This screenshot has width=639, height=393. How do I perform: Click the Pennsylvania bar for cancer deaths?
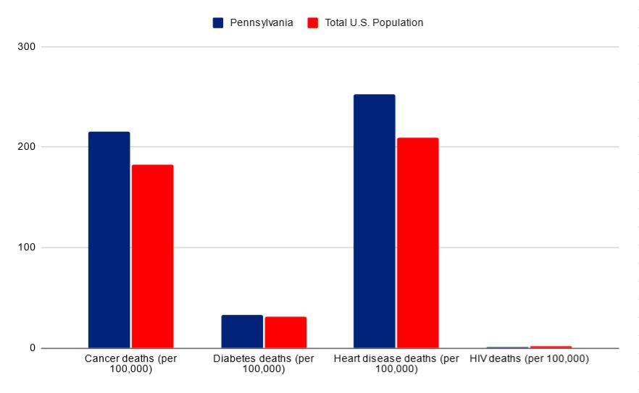coord(109,240)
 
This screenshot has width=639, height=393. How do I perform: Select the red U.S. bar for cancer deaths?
coord(152,256)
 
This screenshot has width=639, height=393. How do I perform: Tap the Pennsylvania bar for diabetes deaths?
coord(242,331)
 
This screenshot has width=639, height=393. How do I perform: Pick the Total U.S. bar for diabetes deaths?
coord(285,332)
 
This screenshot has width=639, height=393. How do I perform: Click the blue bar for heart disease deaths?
coord(374,221)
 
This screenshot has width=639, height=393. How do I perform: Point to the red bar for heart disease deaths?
coord(417,242)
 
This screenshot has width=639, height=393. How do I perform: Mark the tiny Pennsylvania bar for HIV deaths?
coord(507,347)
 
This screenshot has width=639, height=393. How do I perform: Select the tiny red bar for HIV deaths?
coord(551,347)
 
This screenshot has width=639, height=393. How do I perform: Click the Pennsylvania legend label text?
coord(262,22)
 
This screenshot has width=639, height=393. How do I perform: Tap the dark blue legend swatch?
coord(218,22)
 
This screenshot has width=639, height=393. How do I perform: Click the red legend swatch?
coord(313,22)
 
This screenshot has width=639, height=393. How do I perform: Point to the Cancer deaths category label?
coord(130,363)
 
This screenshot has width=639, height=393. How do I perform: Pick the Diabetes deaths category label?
coord(264,363)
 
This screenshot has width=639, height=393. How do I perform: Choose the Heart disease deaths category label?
coord(396,363)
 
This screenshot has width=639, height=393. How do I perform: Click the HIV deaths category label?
coord(529,358)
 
